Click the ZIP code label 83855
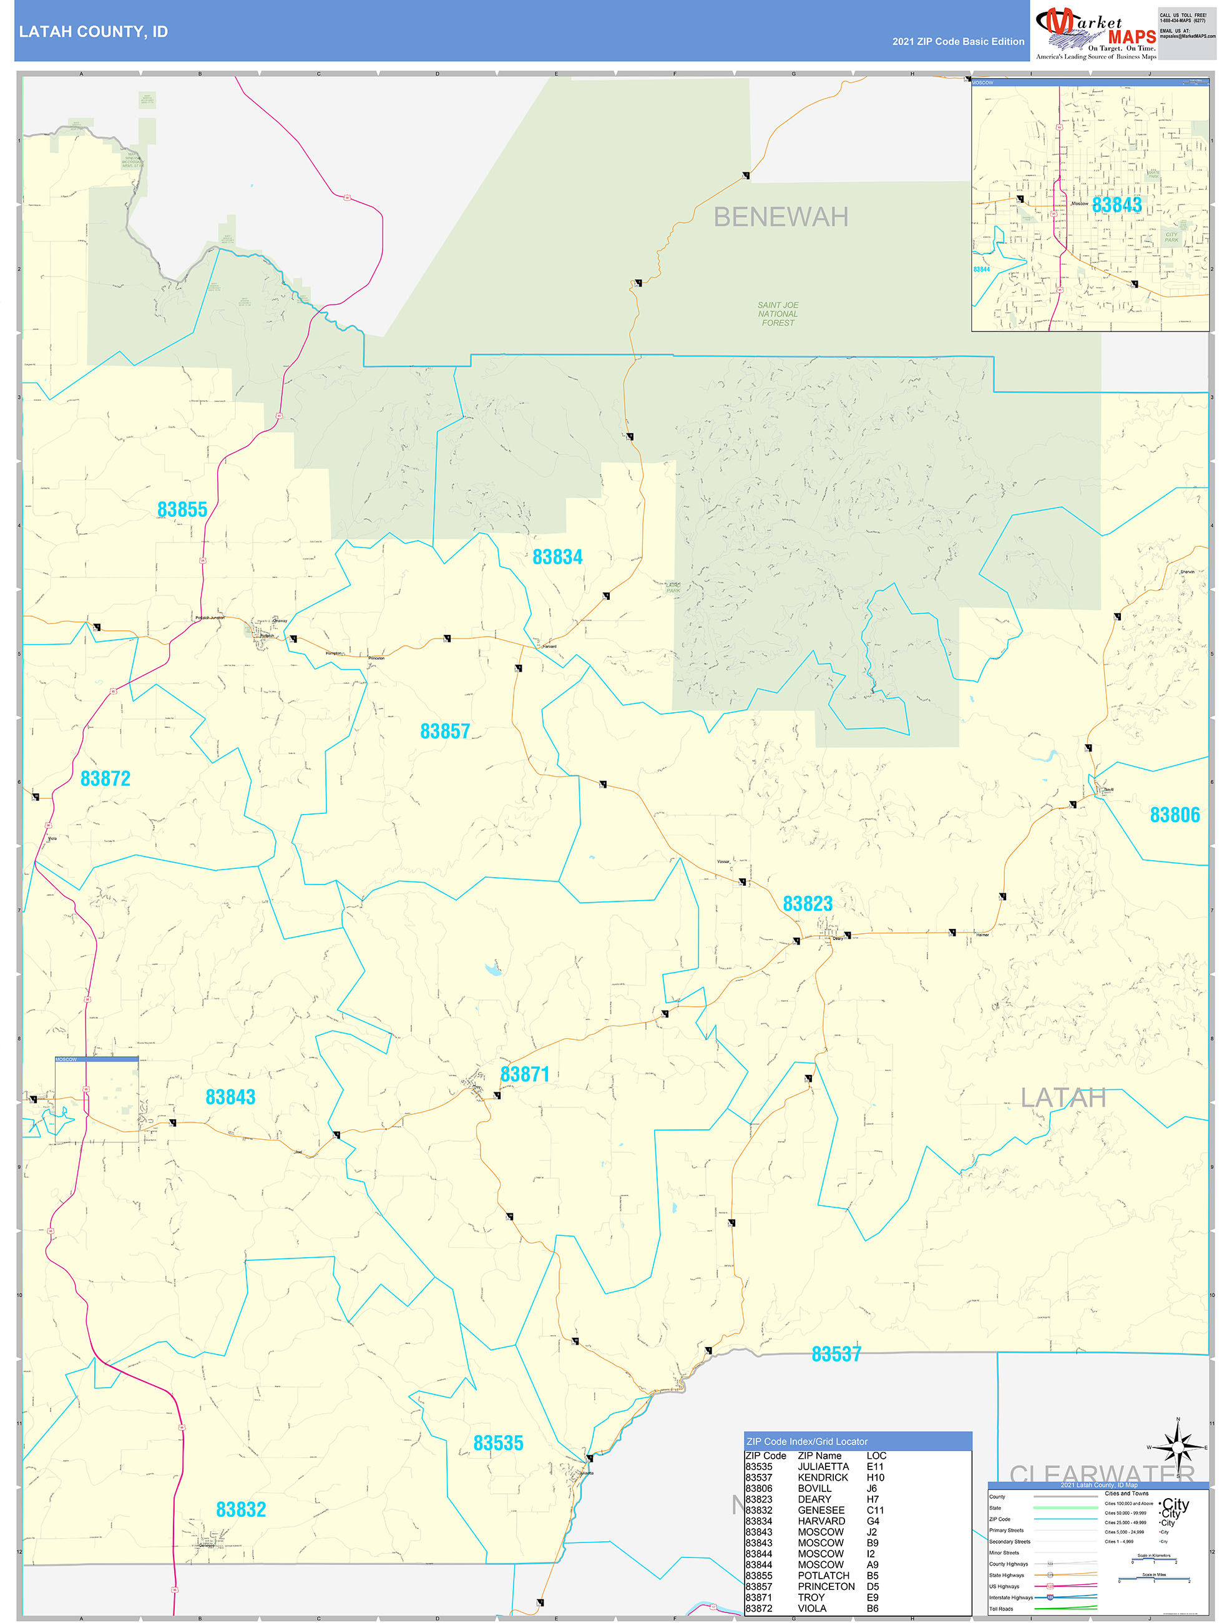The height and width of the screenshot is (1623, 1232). tap(182, 509)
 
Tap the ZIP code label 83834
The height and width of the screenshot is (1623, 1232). tap(557, 557)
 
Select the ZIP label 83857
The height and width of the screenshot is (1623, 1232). tap(444, 731)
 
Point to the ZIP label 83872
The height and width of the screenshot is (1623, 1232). tap(105, 778)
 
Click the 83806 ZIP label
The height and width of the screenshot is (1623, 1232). tap(1174, 815)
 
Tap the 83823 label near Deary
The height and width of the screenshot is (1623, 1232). tap(807, 903)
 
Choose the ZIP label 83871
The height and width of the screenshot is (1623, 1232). tap(525, 1074)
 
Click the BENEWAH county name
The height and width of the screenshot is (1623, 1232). tap(781, 217)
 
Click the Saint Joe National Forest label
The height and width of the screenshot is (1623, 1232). tap(778, 314)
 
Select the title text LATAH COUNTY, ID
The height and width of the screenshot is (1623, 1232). tap(93, 32)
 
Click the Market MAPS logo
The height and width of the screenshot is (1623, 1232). tap(1095, 32)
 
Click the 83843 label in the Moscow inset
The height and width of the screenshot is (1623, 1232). tap(1116, 205)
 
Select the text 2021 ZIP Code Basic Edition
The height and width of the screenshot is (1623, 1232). tap(957, 42)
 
